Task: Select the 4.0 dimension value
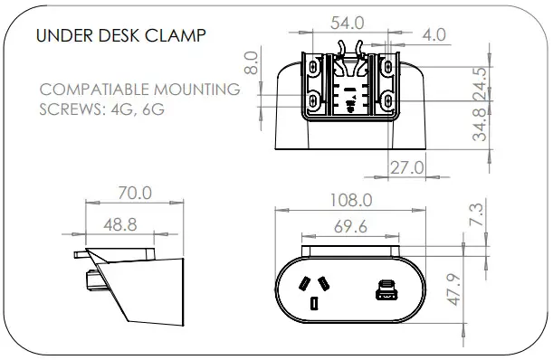[x=434, y=35]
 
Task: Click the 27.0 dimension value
[x=406, y=167]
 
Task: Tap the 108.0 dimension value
[x=351, y=200]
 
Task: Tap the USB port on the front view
[x=386, y=291]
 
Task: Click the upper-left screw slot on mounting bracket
[x=312, y=67]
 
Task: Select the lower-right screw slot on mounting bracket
[x=386, y=100]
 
